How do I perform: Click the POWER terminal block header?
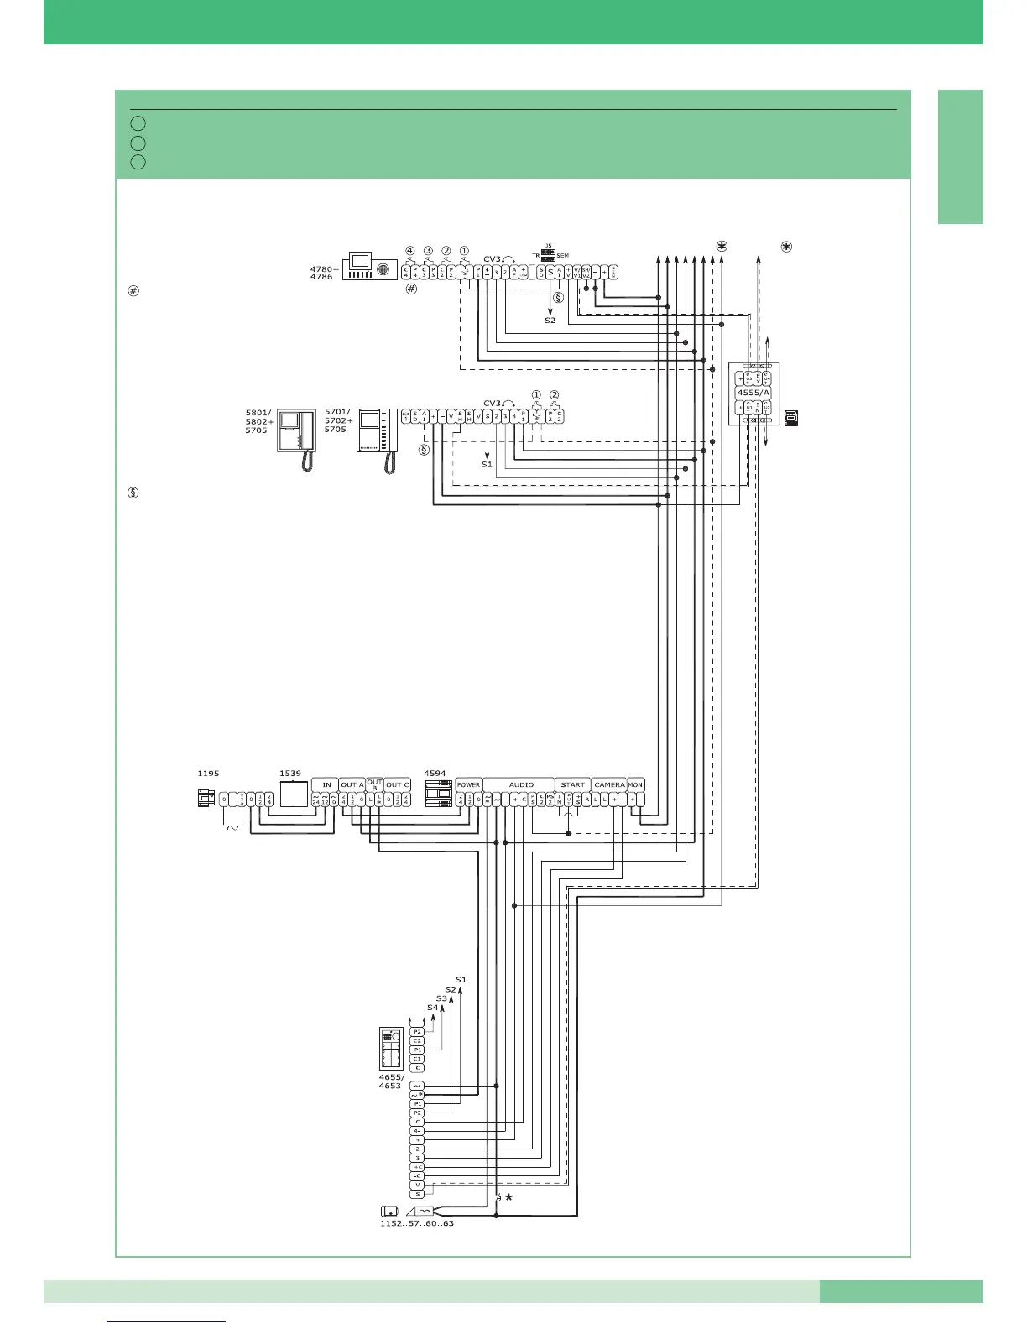click(469, 784)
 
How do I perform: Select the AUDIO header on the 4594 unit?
click(521, 784)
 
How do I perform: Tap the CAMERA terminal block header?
click(609, 784)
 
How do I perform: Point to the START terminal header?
click(573, 784)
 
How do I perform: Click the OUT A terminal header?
click(352, 784)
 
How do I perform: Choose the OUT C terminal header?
click(398, 784)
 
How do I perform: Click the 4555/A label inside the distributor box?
click(753, 392)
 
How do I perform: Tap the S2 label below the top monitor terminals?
click(550, 320)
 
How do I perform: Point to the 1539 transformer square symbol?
click(294, 793)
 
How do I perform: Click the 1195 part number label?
click(208, 773)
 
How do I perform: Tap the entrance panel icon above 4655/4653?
click(391, 1048)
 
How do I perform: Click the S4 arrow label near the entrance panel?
click(432, 1007)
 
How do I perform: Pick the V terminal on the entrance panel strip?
click(417, 1185)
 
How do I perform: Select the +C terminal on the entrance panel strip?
click(417, 1166)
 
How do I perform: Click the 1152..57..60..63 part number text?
click(417, 1223)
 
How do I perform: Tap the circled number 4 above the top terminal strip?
click(410, 250)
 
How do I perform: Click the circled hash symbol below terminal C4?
click(411, 289)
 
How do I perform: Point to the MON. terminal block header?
click(635, 784)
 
